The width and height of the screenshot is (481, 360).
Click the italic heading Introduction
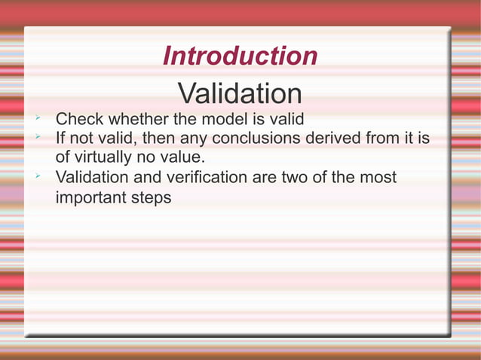click(x=240, y=56)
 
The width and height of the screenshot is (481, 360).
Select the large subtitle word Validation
click(x=240, y=94)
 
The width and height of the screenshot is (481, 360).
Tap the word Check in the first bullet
click(x=80, y=119)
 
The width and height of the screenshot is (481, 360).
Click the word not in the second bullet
click(x=84, y=139)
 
